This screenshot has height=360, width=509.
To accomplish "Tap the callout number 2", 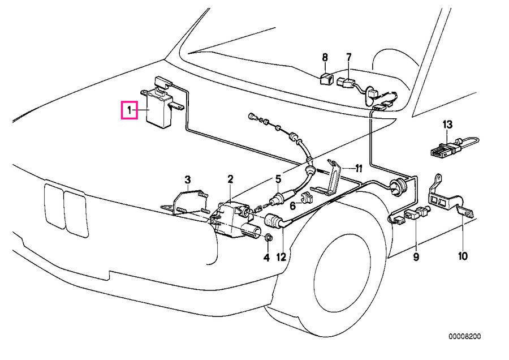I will pyautogui.click(x=230, y=179).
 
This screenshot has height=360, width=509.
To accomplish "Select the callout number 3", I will pyautogui.click(x=187, y=180).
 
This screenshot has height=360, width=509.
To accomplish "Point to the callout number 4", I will pyautogui.click(x=266, y=258).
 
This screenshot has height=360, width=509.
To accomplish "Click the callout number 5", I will pyautogui.click(x=278, y=179).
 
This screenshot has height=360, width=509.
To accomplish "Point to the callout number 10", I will pyautogui.click(x=463, y=257).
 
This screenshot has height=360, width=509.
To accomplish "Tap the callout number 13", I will pyautogui.click(x=447, y=125).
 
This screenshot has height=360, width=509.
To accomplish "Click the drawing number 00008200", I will pyautogui.click(x=465, y=336).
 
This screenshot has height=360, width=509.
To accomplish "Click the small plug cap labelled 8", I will pyautogui.click(x=327, y=78).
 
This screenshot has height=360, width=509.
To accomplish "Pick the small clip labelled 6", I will pyautogui.click(x=308, y=198).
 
